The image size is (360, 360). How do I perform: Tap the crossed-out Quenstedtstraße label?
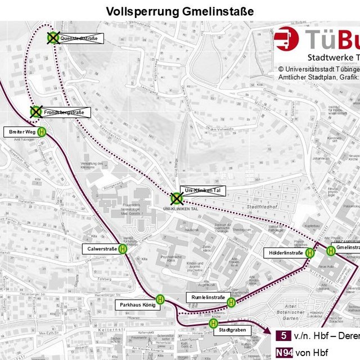coord(79,39)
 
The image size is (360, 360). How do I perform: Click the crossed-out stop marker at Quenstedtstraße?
coord(53,38)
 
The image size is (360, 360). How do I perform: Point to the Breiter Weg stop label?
coord(22,116)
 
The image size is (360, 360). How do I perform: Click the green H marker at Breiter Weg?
coord(43,116)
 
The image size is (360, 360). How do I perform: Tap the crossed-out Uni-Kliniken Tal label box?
coord(202,191)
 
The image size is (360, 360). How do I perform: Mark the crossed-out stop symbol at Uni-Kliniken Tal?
coord(177,198)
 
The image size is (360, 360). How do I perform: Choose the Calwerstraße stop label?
coord(102,248)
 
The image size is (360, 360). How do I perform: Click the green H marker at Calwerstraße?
coord(123,248)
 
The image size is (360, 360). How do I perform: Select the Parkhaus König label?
coord(135,304)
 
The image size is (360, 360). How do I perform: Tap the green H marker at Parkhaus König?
coord(160,299)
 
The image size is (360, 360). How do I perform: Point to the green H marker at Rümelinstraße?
coord(231,303)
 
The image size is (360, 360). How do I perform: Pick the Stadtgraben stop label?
coord(233,330)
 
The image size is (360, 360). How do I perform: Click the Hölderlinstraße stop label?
coord(285,253)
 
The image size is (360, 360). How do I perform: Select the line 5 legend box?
coord(283,336)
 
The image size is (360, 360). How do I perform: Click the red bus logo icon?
coord(287,40)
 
